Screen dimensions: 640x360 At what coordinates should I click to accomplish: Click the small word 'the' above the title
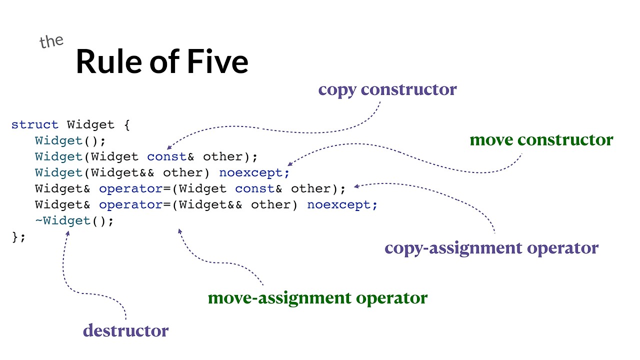pos(51,41)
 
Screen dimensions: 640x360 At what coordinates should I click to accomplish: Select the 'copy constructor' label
pos(387,90)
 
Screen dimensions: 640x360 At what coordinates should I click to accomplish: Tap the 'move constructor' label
pos(541,139)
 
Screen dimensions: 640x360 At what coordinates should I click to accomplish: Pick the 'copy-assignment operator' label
pos(491,248)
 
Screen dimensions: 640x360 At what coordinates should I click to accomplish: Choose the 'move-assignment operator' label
pos(317,298)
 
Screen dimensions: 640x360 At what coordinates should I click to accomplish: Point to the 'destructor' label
pos(125,330)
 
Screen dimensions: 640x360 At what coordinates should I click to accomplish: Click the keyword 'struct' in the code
pos(35,124)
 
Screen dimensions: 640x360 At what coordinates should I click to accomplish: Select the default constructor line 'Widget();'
pos(70,140)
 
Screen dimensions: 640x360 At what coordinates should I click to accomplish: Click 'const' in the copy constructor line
pos(167,156)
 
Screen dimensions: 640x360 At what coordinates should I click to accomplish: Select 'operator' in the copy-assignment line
pos(131,188)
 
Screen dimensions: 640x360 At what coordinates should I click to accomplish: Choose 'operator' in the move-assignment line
pos(131,204)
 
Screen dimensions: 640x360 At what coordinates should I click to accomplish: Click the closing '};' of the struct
pos(18,236)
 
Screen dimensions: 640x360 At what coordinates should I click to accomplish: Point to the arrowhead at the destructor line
pos(67,232)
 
